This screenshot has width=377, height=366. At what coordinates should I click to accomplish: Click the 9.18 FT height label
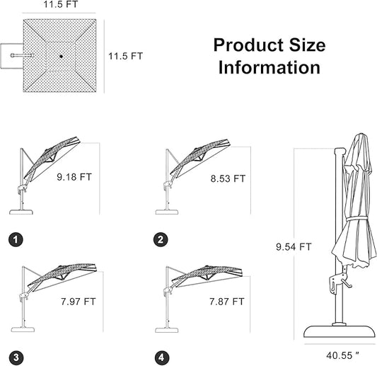pyautogui.click(x=74, y=177)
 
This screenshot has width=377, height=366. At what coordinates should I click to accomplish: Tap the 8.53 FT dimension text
pyautogui.click(x=228, y=179)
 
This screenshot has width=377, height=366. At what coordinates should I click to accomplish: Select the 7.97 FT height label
pyautogui.click(x=78, y=302)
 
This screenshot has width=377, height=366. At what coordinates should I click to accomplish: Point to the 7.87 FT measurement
pyautogui.click(x=227, y=302)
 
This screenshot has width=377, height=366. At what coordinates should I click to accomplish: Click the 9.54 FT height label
pyautogui.click(x=294, y=247)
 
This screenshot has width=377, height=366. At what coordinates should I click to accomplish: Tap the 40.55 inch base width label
pyautogui.click(x=342, y=355)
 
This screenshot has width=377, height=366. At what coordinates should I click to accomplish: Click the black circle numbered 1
pyautogui.click(x=16, y=240)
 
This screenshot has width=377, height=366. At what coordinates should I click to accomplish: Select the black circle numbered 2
pyautogui.click(x=161, y=240)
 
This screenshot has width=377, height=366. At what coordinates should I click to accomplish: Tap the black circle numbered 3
pyautogui.click(x=16, y=358)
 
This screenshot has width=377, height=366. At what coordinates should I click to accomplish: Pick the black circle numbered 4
pyautogui.click(x=162, y=358)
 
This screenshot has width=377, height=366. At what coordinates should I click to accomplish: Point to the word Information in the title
pyautogui.click(x=269, y=68)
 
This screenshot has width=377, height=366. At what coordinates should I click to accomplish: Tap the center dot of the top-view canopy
pyautogui.click(x=61, y=57)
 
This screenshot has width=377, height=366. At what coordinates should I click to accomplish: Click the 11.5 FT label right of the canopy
pyautogui.click(x=125, y=56)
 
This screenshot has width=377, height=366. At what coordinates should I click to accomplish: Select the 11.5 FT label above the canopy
pyautogui.click(x=61, y=4)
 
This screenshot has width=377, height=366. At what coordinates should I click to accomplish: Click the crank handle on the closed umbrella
pyautogui.click(x=345, y=283)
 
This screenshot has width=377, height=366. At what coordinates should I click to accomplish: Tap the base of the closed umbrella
pyautogui.click(x=340, y=332)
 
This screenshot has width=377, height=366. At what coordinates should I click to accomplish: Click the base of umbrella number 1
pyautogui.click(x=21, y=212)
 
